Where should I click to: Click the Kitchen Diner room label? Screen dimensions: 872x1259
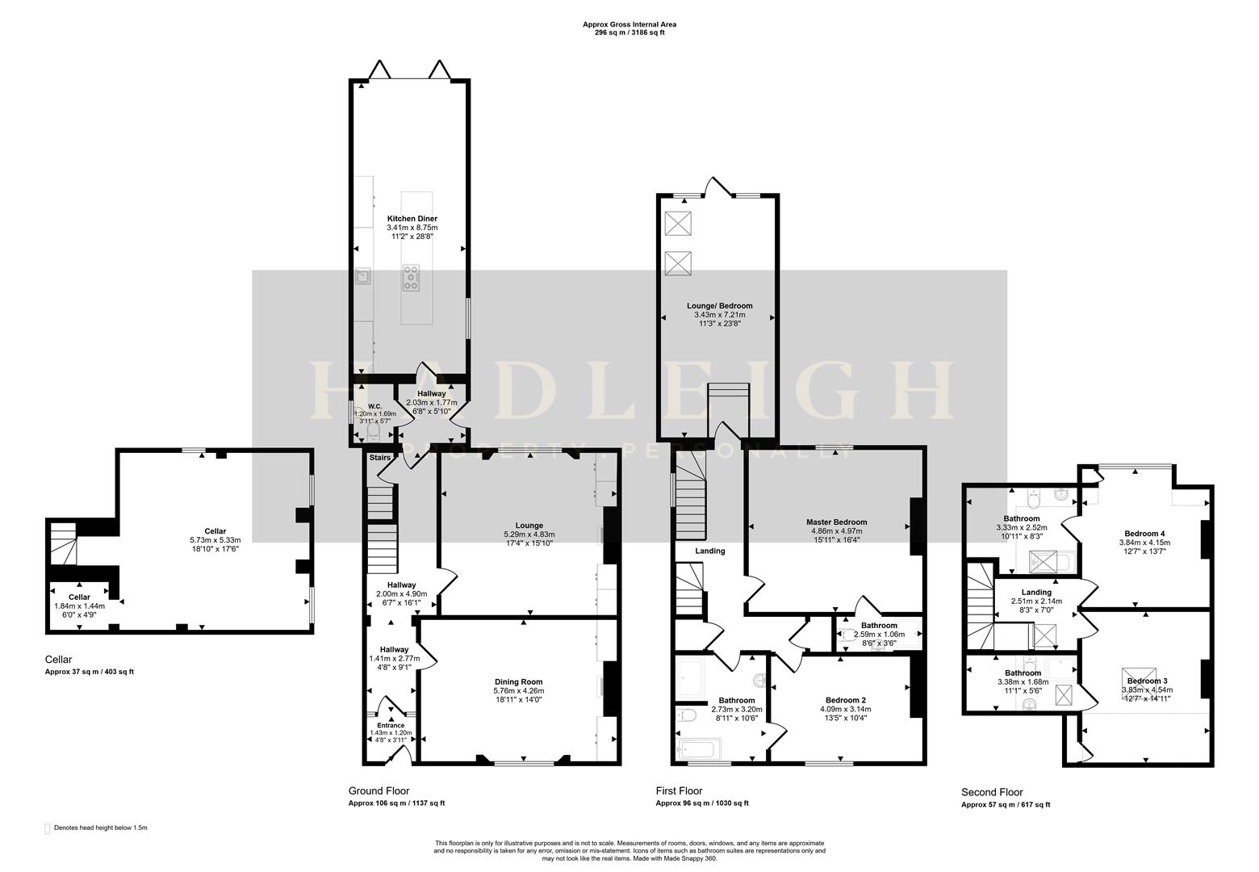pos(412,219)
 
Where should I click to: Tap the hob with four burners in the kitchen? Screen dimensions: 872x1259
pos(411,277)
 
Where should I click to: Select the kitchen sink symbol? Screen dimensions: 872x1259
pos(362,278)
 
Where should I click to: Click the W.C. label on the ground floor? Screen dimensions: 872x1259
pos(374,406)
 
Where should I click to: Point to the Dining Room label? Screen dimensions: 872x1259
pos(518,681)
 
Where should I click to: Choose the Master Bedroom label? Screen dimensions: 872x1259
pos(834,522)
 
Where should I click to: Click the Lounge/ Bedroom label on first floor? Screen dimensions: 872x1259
pos(719,306)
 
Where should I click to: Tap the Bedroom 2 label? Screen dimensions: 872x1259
pos(845,700)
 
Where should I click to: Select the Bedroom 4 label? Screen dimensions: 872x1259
pos(1144,534)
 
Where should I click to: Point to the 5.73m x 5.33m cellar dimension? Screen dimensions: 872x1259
pos(215,540)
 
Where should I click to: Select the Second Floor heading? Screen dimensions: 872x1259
pos(992,792)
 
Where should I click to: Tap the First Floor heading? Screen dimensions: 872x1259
pos(679,791)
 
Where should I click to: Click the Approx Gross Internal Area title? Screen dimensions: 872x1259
pos(629,25)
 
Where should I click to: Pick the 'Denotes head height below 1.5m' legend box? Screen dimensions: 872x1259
pos(47,828)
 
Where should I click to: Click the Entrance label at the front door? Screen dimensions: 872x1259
pos(391,725)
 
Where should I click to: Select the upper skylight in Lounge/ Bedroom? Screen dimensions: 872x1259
pos(677,224)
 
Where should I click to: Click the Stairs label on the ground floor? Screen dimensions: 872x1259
pos(379,458)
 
